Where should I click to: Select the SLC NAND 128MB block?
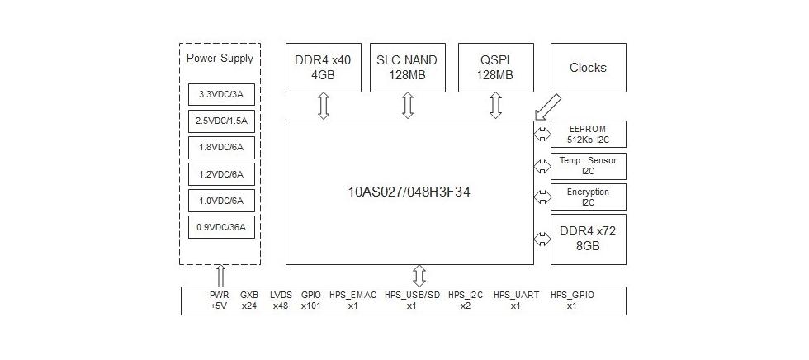tap(407, 67)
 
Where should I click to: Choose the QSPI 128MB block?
tap(495, 67)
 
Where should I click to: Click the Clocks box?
tap(588, 67)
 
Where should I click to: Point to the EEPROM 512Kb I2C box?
tap(588, 134)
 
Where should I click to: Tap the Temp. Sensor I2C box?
tap(588, 165)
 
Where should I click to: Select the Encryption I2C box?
tap(588, 197)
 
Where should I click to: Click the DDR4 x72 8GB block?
tap(588, 239)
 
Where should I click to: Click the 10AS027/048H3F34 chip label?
tap(409, 192)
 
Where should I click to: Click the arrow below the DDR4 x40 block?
tap(324, 106)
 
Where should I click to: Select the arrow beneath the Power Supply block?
tap(220, 276)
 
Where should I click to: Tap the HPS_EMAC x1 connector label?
tap(352, 300)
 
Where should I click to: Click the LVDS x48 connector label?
tap(281, 300)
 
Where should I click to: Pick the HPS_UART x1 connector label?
tap(515, 300)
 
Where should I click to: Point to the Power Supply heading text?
tap(220, 59)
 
